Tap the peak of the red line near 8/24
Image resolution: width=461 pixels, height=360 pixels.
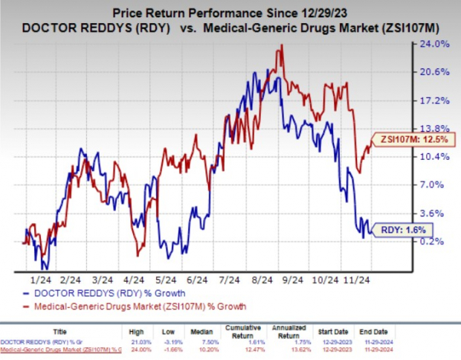280,46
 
